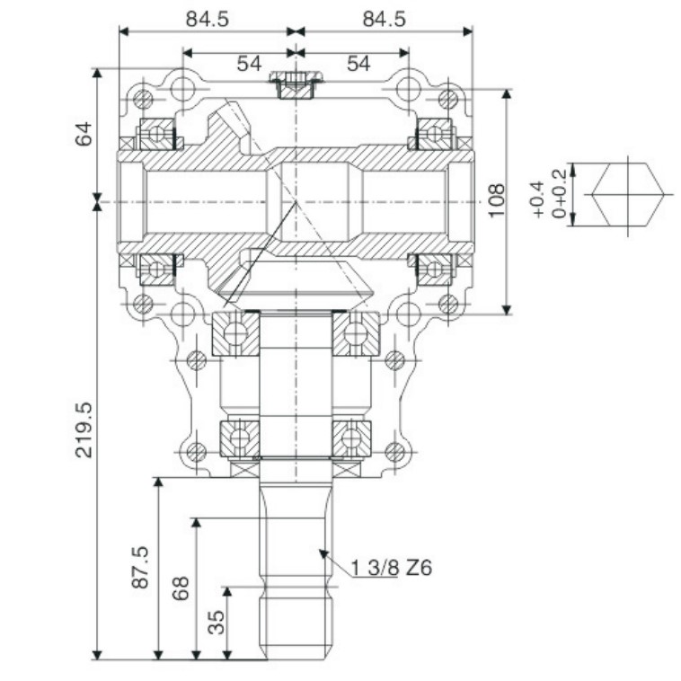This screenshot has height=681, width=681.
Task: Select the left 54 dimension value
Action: click(x=249, y=63)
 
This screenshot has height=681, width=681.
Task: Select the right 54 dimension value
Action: click(x=358, y=63)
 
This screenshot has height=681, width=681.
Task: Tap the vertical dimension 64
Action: click(x=83, y=135)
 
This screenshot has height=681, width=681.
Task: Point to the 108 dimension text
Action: click(x=495, y=201)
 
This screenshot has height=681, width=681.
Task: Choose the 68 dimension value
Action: click(x=180, y=588)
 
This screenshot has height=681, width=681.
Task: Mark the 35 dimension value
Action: click(x=217, y=622)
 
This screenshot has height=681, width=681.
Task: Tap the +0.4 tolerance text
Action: click(x=537, y=199)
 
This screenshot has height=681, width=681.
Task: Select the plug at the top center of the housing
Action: click(x=296, y=86)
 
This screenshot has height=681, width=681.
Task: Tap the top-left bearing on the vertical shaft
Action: click(x=235, y=332)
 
